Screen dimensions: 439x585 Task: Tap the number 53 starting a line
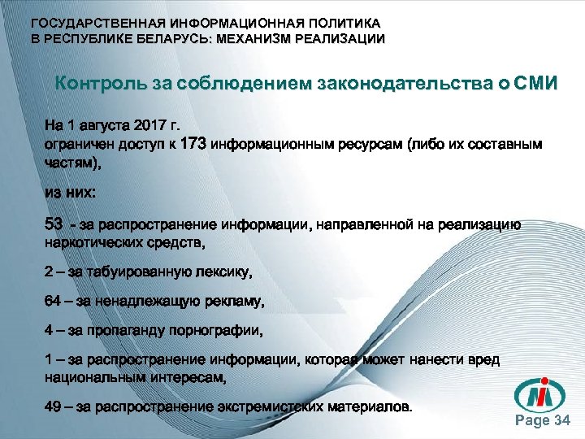point(54,224)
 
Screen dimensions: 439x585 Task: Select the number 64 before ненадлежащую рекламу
point(53,302)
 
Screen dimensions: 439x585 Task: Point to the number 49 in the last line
point(53,406)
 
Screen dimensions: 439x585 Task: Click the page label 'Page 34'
point(544,420)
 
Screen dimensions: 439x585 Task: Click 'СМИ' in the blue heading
point(535,85)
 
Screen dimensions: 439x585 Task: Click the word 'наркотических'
point(90,241)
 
